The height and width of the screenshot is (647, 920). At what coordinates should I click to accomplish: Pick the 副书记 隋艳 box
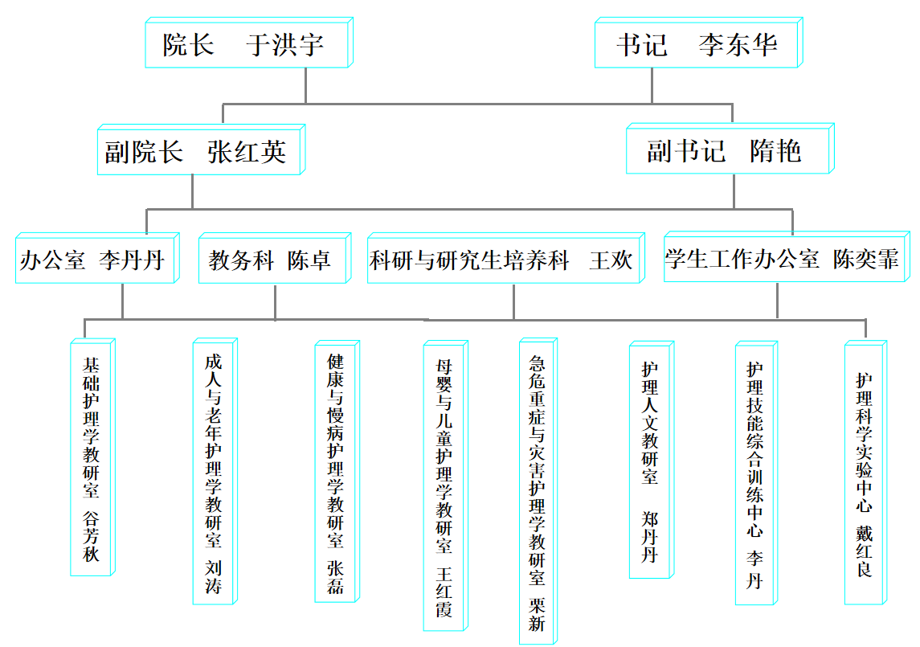(728, 150)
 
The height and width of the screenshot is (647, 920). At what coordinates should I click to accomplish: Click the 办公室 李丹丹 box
(96, 260)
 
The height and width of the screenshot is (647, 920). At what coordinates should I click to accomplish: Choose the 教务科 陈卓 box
(274, 260)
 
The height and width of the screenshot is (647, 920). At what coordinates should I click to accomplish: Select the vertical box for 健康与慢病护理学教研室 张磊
(336, 473)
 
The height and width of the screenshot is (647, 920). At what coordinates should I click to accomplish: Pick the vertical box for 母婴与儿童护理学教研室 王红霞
(444, 488)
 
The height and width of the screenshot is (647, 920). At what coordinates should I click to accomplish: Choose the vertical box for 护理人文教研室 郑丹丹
(650, 461)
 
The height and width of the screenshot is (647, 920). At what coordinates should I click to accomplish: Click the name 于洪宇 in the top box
(285, 45)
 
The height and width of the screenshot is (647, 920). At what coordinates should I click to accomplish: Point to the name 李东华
(738, 45)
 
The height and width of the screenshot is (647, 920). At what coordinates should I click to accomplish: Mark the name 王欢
(611, 260)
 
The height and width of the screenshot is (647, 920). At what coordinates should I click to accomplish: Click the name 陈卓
(309, 260)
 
